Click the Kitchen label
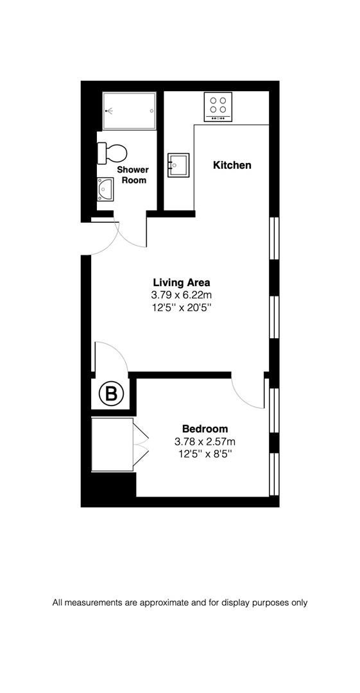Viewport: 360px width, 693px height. pos(232,166)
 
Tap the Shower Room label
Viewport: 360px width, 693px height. pos(133,175)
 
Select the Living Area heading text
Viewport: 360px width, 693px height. pos(182,282)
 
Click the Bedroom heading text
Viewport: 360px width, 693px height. pos(205,428)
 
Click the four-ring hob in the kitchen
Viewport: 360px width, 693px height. pos(218,107)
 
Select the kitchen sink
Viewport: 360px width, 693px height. pos(178,165)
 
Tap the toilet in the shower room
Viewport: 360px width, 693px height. pos(112,153)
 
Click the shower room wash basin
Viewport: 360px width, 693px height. pos(105,189)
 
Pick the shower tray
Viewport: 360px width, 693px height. pos(129,110)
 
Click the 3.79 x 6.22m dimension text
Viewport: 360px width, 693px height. pos(182,295)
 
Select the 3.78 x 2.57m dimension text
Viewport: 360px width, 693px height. pos(205,441)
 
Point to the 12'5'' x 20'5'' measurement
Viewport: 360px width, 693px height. pos(182,307)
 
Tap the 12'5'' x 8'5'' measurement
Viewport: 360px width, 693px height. pos(205,454)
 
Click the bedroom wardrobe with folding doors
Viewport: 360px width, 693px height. pos(119,444)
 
